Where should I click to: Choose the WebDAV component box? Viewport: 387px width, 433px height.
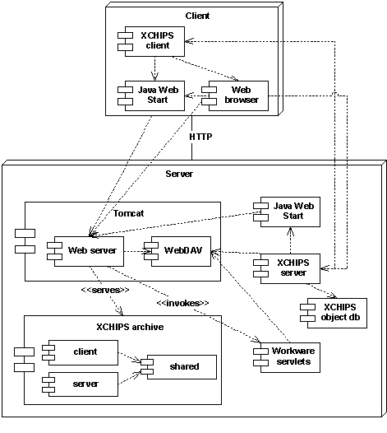pos(180,249)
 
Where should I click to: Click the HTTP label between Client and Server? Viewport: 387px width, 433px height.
pos(201,136)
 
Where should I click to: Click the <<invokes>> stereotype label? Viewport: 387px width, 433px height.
pos(182,303)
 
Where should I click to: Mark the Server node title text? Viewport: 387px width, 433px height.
pos(179,174)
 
